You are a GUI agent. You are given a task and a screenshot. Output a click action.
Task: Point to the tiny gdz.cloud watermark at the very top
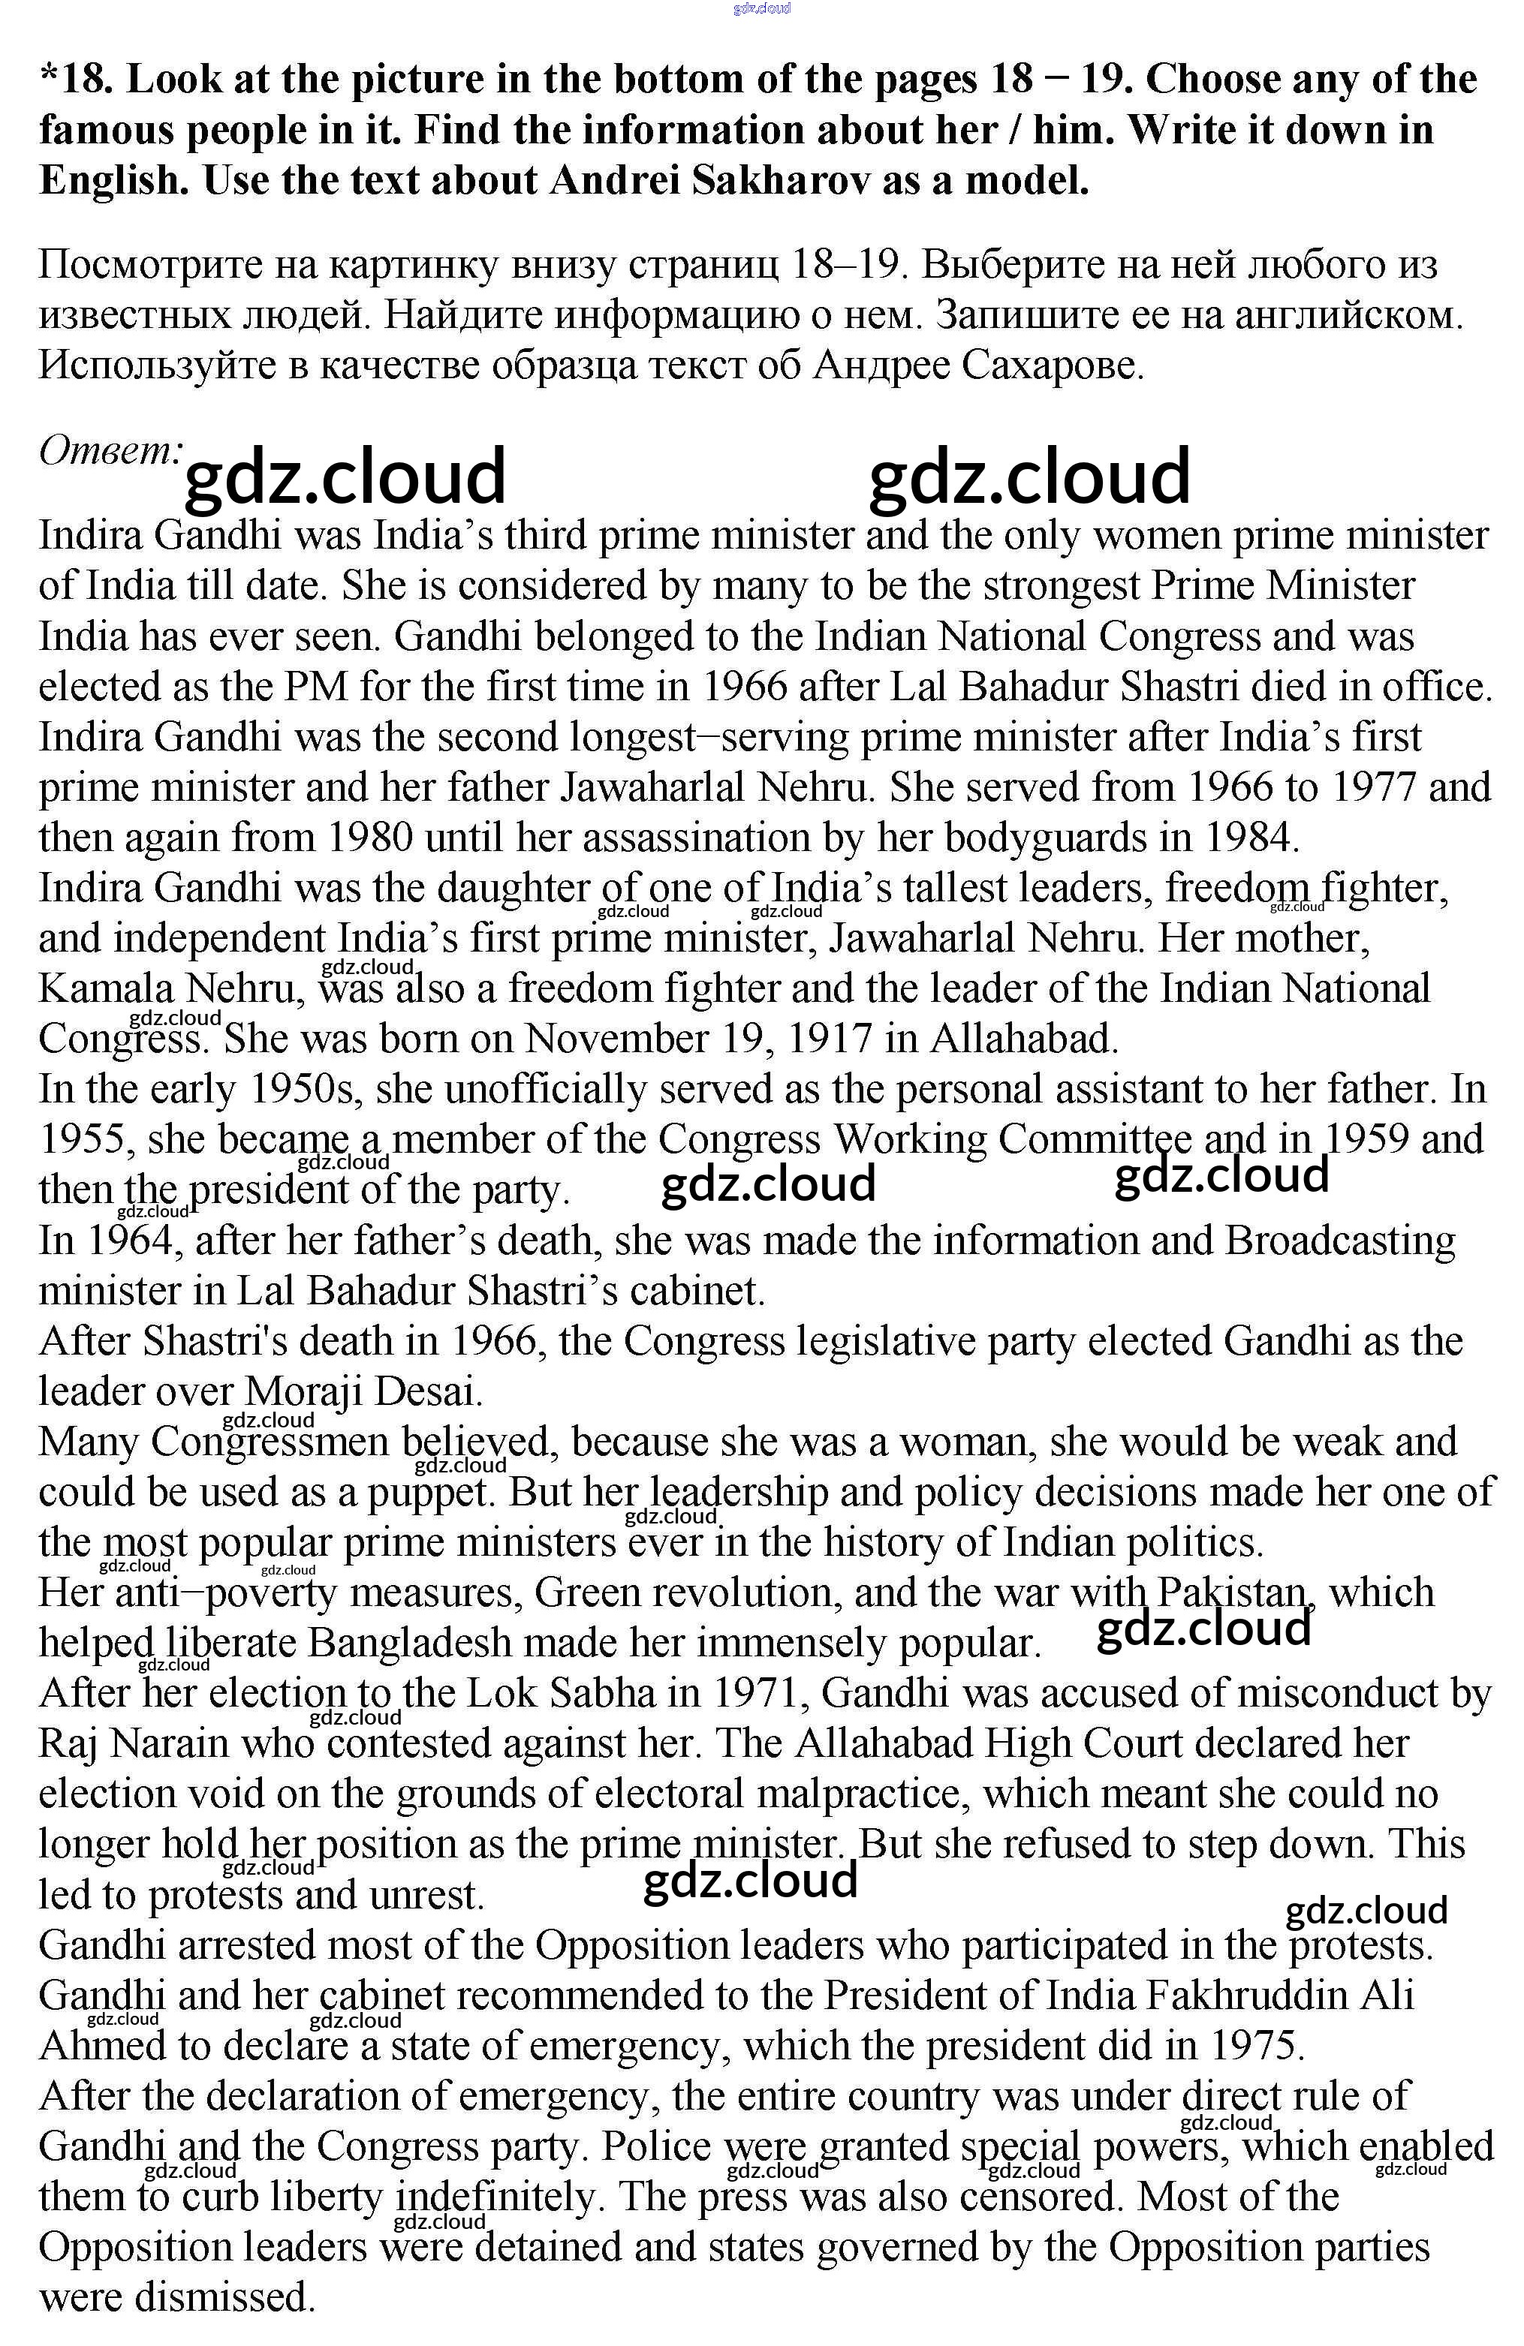pos(762,9)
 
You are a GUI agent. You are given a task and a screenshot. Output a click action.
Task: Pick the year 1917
pos(830,1038)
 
